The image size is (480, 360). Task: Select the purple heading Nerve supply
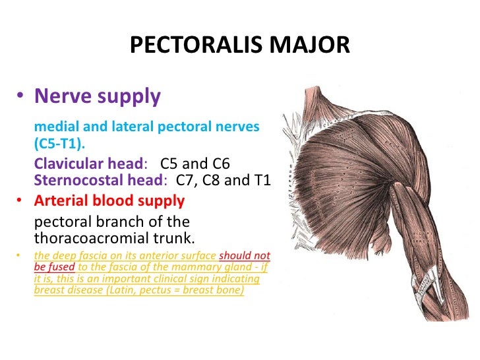tap(97, 97)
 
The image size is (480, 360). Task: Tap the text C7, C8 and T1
tap(229, 181)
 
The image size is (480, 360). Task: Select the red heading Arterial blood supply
tap(109, 200)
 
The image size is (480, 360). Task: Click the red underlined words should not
tap(244, 256)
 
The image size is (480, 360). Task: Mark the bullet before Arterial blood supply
tap(20, 201)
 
